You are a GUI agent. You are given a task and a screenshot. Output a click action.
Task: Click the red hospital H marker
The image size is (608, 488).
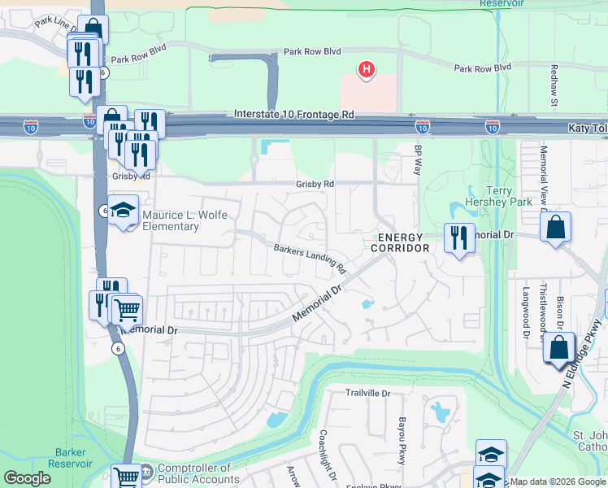[x=367, y=70]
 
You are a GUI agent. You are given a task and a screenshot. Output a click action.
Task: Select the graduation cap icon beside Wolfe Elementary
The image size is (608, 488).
[x=123, y=211]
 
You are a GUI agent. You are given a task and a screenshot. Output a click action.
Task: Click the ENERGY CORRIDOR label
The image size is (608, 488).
[x=400, y=242]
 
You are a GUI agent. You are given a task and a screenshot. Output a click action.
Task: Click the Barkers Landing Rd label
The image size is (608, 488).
[x=310, y=259]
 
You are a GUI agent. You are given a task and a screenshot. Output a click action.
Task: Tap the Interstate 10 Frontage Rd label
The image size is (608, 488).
[x=294, y=115]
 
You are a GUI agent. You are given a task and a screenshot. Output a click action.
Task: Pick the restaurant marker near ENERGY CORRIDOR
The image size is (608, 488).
[x=458, y=238]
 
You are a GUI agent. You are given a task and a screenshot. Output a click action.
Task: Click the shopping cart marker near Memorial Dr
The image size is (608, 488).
[x=125, y=308]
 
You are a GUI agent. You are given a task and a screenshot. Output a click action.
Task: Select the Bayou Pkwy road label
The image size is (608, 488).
[x=402, y=447]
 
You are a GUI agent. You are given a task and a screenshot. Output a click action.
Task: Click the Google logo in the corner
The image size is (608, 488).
[x=28, y=479]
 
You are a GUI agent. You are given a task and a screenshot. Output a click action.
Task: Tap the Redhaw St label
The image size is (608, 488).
[x=554, y=85]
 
